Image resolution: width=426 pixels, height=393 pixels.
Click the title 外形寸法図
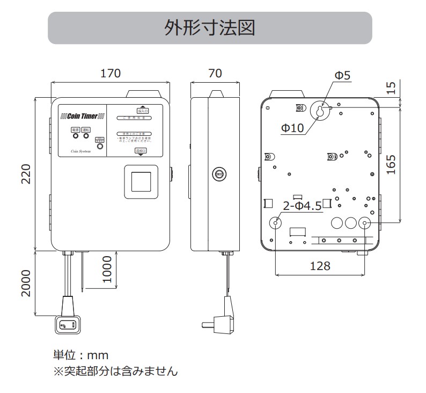tap(210, 28)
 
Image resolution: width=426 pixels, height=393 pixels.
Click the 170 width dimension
tap(111, 74)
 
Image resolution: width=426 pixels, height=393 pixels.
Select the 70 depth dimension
tap(214, 74)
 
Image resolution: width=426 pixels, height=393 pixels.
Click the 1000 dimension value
tap(106, 270)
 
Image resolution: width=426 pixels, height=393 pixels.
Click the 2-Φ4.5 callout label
tap(302, 206)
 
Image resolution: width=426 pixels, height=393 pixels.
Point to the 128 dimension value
tap(320, 265)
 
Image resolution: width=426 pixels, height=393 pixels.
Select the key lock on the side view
tap(218, 173)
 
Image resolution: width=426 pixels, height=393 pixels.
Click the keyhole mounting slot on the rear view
tap(320, 112)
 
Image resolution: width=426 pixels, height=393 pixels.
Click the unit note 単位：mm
tap(80, 355)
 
